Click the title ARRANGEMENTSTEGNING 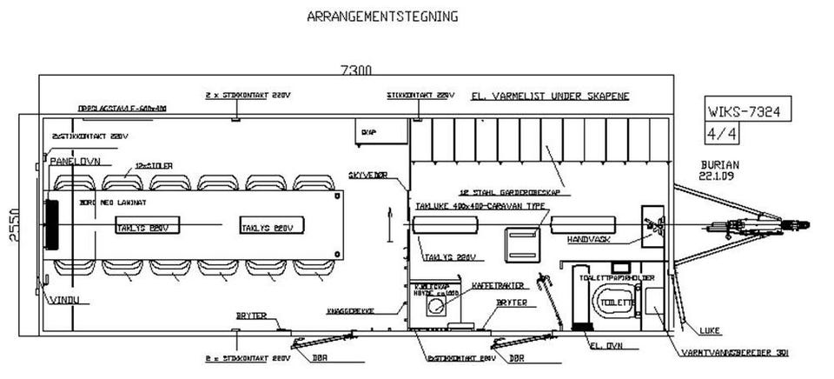click(x=382, y=16)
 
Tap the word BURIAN click(x=718, y=163)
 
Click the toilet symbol click(x=615, y=301)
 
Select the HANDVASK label click(x=589, y=237)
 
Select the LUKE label click(x=708, y=330)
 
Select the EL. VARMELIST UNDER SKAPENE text click(x=549, y=96)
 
